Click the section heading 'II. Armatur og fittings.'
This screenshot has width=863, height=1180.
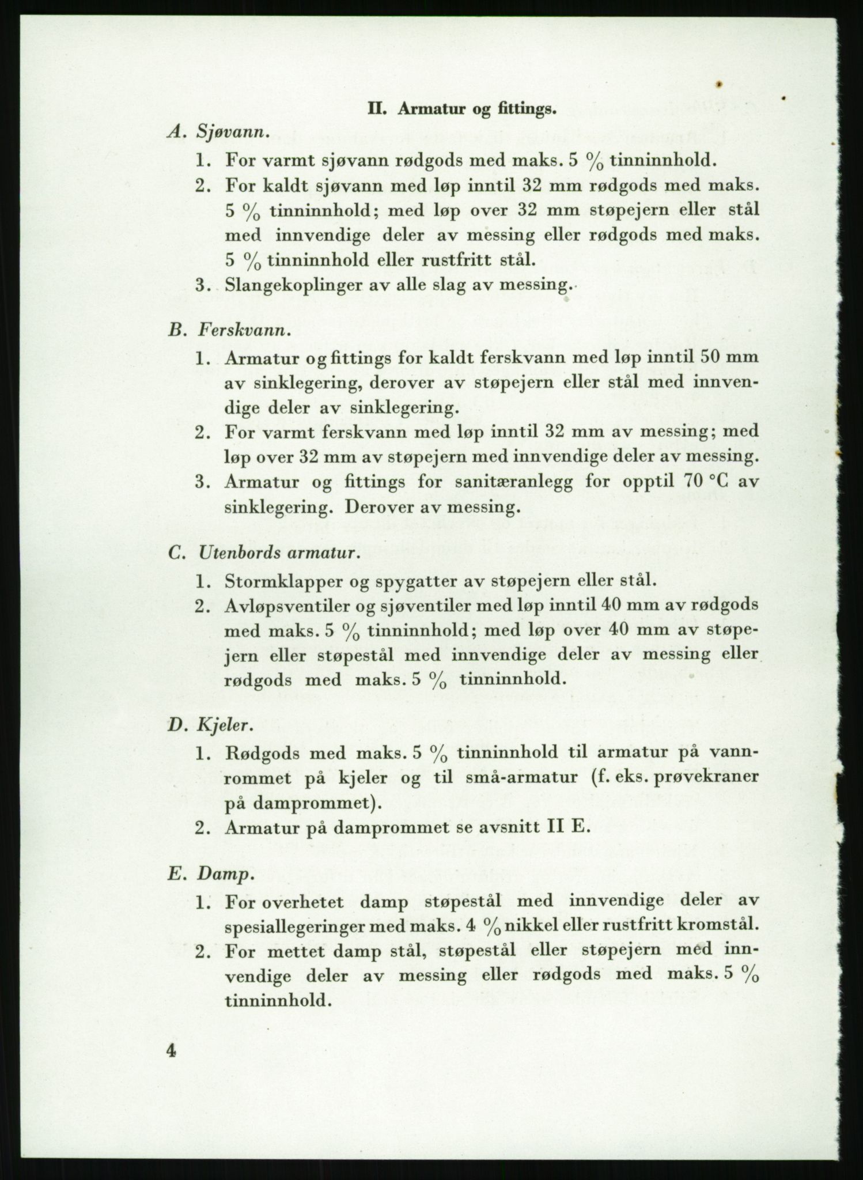click(462, 109)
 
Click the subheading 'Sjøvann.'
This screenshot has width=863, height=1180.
click(233, 133)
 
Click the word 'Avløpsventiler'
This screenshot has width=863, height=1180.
click(290, 605)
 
